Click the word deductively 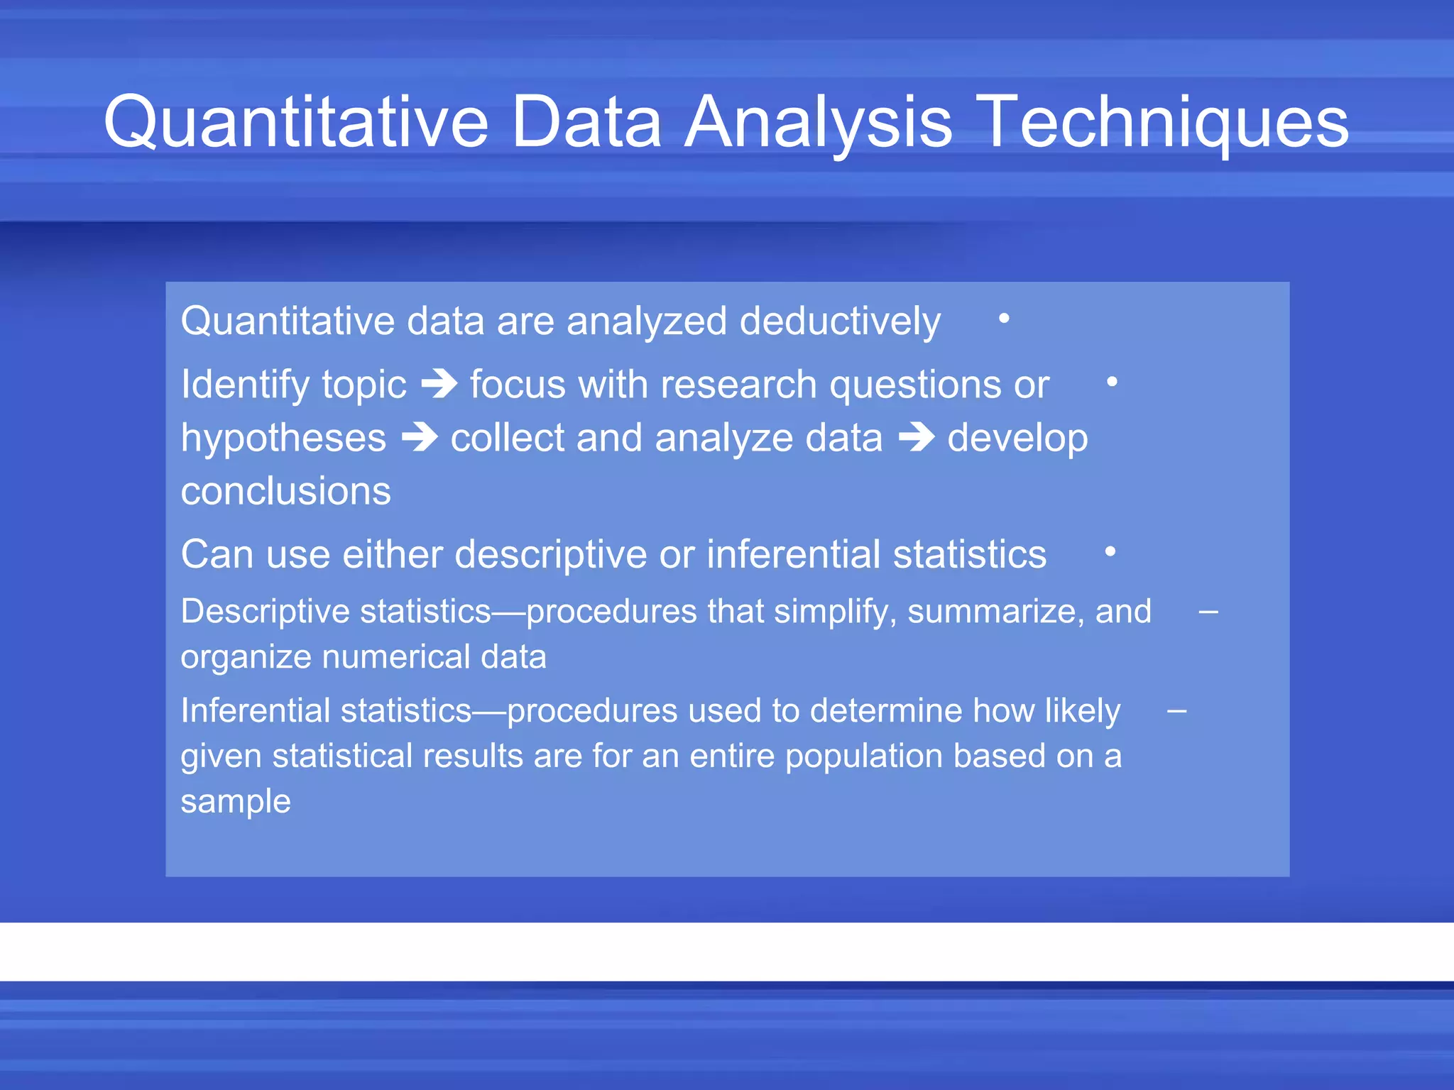click(x=840, y=321)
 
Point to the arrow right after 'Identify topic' click(x=439, y=385)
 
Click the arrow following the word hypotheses click(x=420, y=437)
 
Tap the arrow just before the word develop click(x=917, y=437)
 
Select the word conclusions click(x=285, y=491)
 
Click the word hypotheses click(x=283, y=439)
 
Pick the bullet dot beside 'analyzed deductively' click(x=1004, y=319)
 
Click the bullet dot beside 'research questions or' click(x=1112, y=382)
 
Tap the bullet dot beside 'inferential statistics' click(x=1110, y=551)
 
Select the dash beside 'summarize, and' click(x=1208, y=611)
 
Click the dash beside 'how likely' click(x=1177, y=710)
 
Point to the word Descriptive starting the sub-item click(x=265, y=612)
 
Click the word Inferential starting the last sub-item click(x=255, y=710)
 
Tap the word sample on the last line click(x=236, y=801)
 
